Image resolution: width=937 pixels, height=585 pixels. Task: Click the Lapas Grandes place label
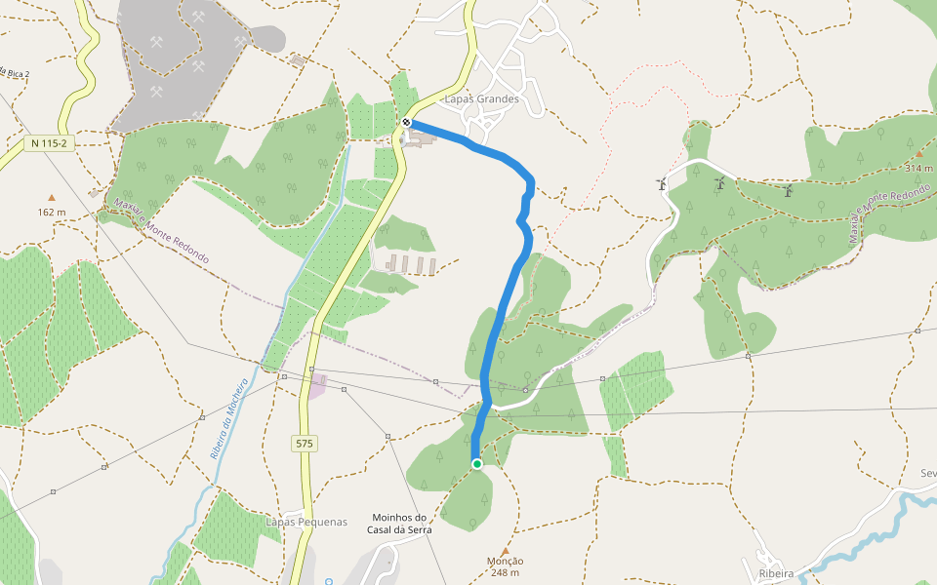tap(481, 98)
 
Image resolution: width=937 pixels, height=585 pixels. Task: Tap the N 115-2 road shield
tap(50, 143)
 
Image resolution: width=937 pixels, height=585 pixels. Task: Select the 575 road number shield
tap(305, 444)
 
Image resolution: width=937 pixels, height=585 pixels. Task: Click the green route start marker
tap(476, 464)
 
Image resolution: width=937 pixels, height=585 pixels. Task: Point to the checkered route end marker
tap(407, 122)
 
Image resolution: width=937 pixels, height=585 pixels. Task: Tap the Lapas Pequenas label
tap(306, 522)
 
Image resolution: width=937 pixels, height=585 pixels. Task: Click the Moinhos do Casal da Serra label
tap(400, 524)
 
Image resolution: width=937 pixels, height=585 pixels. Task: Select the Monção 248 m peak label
tap(505, 566)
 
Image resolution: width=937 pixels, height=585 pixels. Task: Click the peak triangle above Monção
tap(505, 551)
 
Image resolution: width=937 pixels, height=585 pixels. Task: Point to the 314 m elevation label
tap(918, 168)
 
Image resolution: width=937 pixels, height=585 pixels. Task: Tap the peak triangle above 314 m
tap(918, 154)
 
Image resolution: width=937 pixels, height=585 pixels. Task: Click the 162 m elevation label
tap(52, 212)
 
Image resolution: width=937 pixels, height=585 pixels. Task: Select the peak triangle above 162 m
tap(52, 197)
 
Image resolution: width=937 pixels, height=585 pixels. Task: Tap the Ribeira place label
tap(776, 573)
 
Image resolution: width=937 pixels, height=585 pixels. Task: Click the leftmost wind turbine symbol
tap(661, 183)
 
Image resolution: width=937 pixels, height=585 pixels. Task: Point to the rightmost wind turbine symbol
tap(787, 191)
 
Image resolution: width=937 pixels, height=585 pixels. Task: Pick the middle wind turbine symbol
tap(720, 183)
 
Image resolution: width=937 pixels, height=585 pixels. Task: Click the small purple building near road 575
tap(317, 386)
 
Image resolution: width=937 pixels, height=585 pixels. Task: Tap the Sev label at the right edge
tap(927, 473)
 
